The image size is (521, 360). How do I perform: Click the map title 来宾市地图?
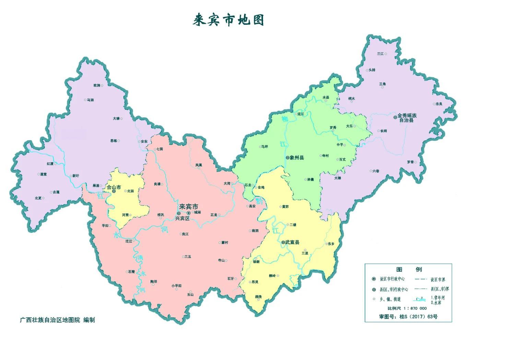(x=228, y=20)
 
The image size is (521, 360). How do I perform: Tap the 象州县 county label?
(x=297, y=158)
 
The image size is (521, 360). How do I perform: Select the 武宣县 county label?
(x=292, y=242)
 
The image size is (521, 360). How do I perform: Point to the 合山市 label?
(x=114, y=187)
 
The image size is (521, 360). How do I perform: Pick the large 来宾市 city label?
(x=189, y=207)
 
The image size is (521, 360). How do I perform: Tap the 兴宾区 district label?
(x=182, y=218)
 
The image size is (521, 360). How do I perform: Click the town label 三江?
(x=380, y=54)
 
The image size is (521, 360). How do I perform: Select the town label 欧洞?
(x=96, y=85)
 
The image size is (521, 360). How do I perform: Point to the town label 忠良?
(x=439, y=104)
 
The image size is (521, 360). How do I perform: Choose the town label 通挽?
(x=258, y=296)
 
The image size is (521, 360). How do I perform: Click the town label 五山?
(x=190, y=295)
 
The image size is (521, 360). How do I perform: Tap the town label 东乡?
(x=331, y=244)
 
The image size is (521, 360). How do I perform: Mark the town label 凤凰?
(x=199, y=165)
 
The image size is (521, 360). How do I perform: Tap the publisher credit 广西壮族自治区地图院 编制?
(x=57, y=320)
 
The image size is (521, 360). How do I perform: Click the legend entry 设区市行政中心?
(x=392, y=279)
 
